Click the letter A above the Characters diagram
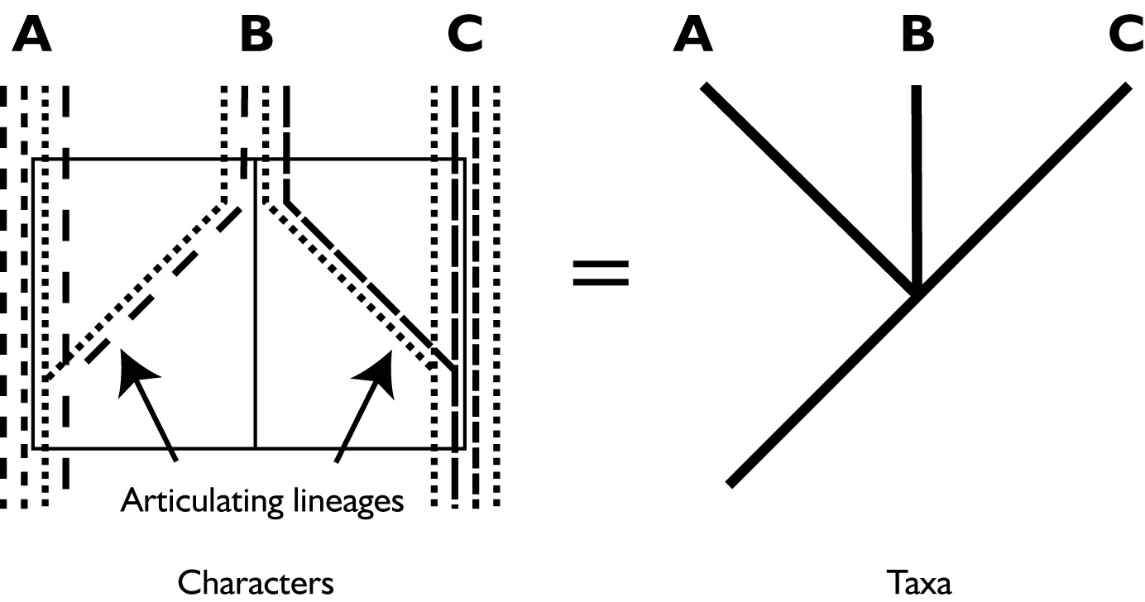click(x=31, y=36)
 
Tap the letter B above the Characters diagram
click(x=256, y=36)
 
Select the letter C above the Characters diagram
click(x=464, y=36)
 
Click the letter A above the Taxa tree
click(x=693, y=36)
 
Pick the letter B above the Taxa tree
click(x=917, y=36)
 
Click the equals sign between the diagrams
click(x=601, y=274)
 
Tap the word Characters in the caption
click(x=256, y=583)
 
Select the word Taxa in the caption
click(x=919, y=583)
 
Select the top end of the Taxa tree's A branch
click(x=705, y=87)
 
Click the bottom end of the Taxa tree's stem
click(x=731, y=481)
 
